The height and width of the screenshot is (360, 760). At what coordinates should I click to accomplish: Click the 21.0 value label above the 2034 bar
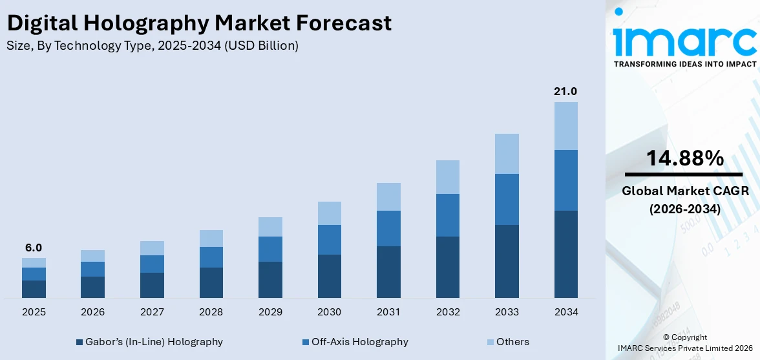tap(565, 92)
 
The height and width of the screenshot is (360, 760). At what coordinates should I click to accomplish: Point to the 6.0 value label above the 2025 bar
tap(34, 248)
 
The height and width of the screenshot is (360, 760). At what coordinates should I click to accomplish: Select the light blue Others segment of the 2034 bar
tap(565, 126)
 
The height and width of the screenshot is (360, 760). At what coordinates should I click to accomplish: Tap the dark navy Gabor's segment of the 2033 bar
tap(507, 261)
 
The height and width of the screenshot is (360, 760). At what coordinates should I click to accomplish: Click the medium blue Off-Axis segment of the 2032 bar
tap(448, 215)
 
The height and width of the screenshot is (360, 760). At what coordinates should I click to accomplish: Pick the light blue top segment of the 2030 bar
tap(329, 213)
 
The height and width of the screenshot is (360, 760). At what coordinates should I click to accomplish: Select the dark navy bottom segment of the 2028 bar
tap(211, 282)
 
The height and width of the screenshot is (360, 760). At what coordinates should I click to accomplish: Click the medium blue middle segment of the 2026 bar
tap(92, 269)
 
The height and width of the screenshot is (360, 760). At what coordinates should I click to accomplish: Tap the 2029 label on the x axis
tap(270, 312)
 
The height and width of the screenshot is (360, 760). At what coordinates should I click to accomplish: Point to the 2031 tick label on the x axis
tap(388, 312)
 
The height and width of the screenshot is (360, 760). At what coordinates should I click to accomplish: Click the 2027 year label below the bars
tap(152, 312)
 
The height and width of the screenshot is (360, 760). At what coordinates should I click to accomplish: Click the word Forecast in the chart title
tap(346, 23)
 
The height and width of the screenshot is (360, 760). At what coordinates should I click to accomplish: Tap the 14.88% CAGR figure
tap(685, 158)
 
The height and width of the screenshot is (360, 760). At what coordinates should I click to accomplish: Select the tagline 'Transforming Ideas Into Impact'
tap(685, 64)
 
